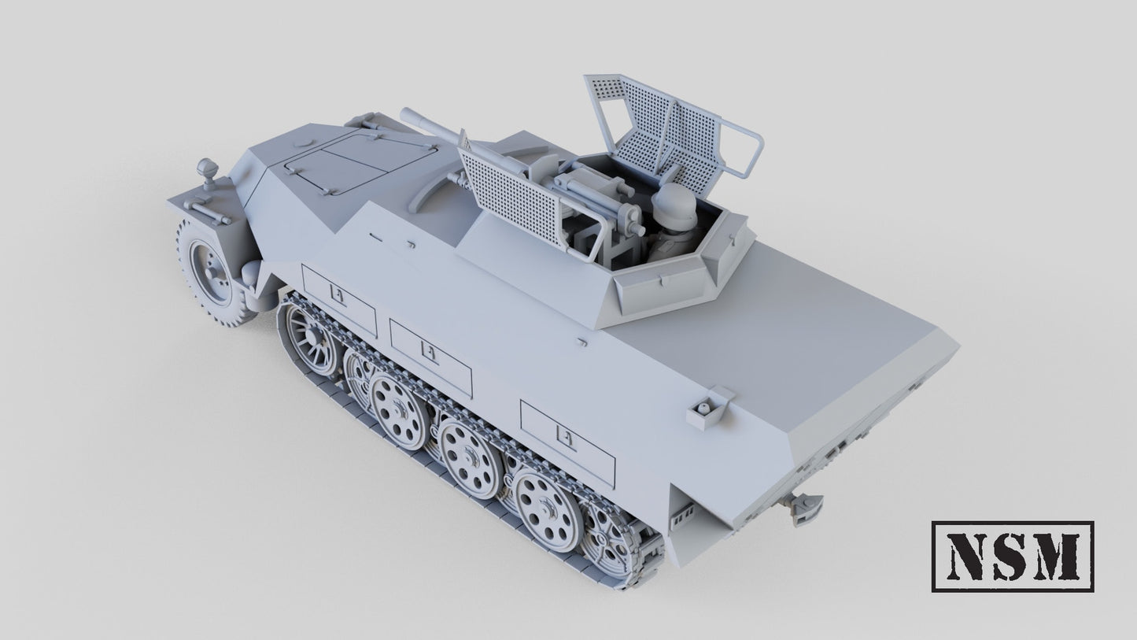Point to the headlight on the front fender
click(207, 169)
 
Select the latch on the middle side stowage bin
click(430, 352)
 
